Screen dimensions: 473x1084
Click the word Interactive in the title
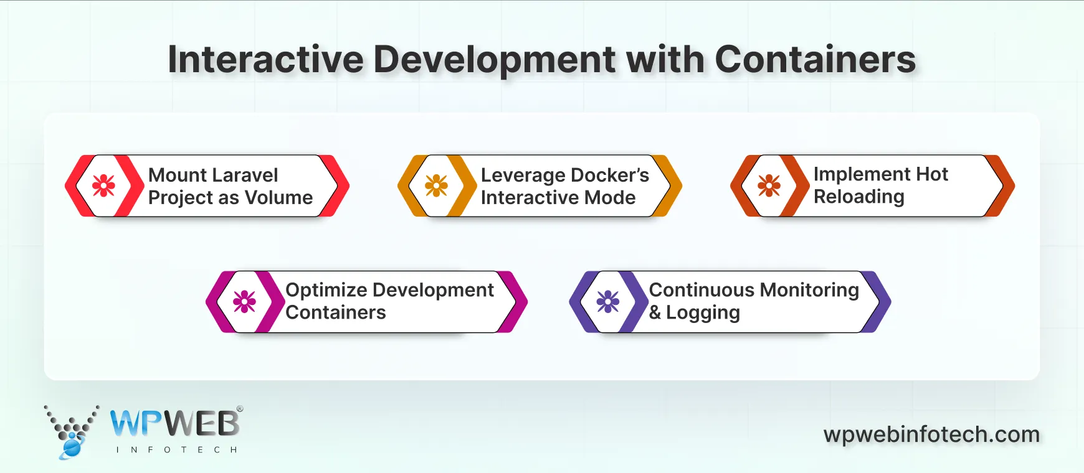point(265,60)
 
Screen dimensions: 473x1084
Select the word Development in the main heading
point(495,61)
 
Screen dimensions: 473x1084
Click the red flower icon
point(104,185)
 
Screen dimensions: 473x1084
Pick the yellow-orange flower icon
point(436,185)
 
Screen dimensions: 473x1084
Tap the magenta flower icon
point(244,302)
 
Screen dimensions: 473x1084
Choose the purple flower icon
point(608,302)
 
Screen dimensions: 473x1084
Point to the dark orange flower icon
point(769,185)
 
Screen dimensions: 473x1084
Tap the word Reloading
point(858,197)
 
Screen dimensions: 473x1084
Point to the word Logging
point(703,312)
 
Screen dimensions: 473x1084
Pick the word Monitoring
point(809,290)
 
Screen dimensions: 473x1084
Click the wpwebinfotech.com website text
point(931,434)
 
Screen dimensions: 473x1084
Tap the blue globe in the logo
point(72,446)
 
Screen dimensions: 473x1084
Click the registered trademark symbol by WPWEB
point(240,410)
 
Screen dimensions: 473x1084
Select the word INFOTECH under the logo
point(176,449)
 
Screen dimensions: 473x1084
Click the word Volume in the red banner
point(278,198)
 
